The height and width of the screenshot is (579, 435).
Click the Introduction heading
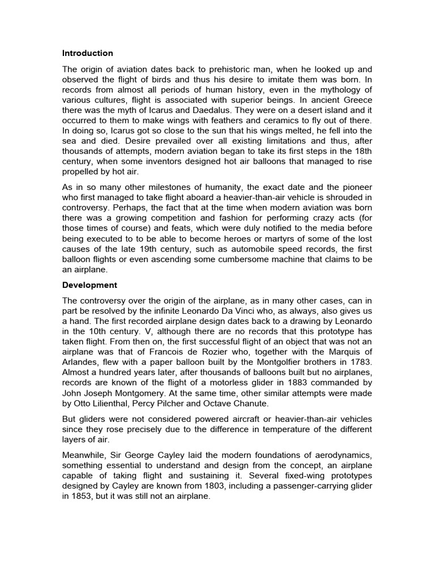tap(88, 53)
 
